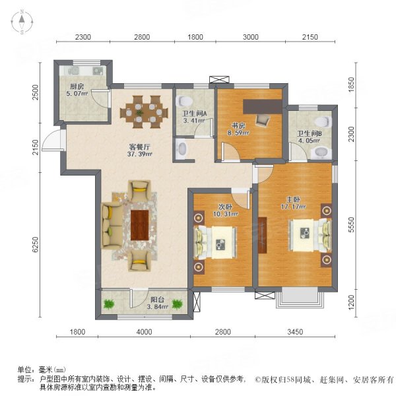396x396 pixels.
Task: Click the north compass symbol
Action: (x=21, y=22)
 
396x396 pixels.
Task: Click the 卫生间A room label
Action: (x=194, y=116)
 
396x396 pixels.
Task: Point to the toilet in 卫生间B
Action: (x=322, y=122)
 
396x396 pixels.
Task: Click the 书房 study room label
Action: (x=238, y=127)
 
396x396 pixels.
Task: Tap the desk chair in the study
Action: (x=263, y=119)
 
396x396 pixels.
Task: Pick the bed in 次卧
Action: (x=216, y=245)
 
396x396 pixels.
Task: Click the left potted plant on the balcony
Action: (x=108, y=304)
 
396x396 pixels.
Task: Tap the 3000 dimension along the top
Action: (x=250, y=38)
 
